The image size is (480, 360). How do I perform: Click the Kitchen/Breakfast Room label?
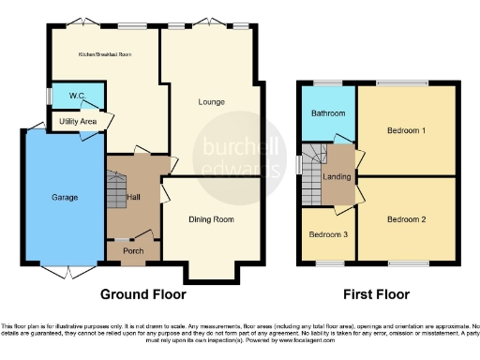click(104, 54)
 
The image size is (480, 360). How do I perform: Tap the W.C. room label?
click(68, 97)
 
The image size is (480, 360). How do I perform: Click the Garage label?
click(65, 197)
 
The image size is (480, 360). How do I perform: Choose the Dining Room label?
click(210, 219)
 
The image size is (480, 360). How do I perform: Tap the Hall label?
click(134, 196)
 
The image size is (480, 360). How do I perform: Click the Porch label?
click(133, 250)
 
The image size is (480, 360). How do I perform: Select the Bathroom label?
click(327, 113)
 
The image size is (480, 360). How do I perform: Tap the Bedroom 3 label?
click(327, 232)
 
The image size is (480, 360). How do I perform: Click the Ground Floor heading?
click(148, 292)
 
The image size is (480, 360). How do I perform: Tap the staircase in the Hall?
click(116, 192)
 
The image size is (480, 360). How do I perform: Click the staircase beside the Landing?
click(312, 173)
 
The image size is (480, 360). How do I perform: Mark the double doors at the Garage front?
click(64, 270)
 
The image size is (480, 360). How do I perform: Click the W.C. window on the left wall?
click(50, 96)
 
